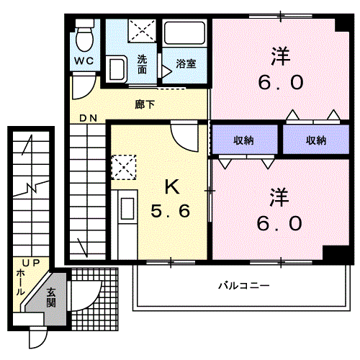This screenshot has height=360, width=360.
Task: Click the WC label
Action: coord(84,60)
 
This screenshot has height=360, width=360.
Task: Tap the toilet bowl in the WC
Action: coord(84,39)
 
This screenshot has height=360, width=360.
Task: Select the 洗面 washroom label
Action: coord(142,64)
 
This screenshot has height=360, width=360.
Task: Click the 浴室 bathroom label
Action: coord(186,64)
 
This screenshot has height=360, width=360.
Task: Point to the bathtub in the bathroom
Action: coord(184,33)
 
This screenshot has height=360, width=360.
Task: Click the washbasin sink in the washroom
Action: coord(117,69)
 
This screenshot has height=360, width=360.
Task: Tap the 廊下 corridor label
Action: coord(145,104)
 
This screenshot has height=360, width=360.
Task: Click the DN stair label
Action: coord(89,118)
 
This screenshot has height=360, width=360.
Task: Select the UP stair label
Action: coord(31,264)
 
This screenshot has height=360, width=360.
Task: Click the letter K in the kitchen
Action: coord(172,187)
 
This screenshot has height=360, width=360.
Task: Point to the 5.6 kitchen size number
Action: coord(171,211)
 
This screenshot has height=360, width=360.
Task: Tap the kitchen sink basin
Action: coord(127,209)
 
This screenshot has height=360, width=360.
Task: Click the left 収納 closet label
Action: coord(244,140)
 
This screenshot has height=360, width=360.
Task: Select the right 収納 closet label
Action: coord(316,140)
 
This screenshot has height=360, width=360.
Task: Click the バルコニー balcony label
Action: coord(244,286)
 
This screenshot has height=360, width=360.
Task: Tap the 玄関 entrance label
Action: coord(51,298)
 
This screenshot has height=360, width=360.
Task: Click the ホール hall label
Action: coord(21,282)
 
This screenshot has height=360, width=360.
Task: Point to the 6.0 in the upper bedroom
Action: coord(281,82)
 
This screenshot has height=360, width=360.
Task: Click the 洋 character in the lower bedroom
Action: coord(279,197)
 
